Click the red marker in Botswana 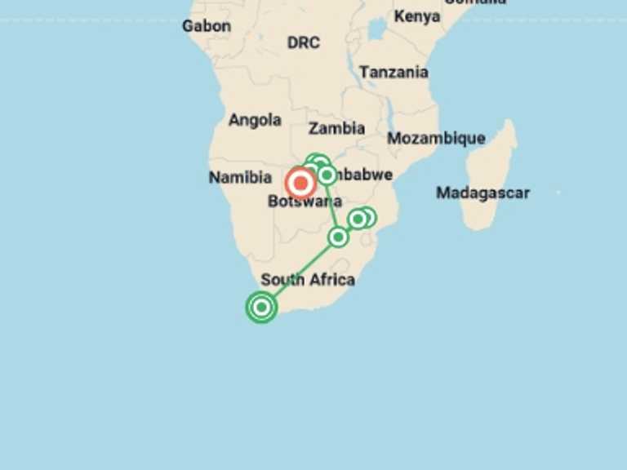coord(301,184)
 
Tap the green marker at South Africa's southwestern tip coord(261,307)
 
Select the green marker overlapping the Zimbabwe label coord(327,175)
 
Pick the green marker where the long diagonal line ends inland coord(338,237)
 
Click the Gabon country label coord(206,26)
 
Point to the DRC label coord(304,42)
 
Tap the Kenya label coord(416,16)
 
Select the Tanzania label coord(394,72)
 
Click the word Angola coord(255,120)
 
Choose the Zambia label coord(336,128)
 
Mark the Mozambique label coord(436,138)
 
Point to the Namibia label coord(239,177)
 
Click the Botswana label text coord(304,202)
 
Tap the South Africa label coord(308,280)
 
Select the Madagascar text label coord(482,193)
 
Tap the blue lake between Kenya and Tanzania coord(376,31)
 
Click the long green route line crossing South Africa coord(299,272)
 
